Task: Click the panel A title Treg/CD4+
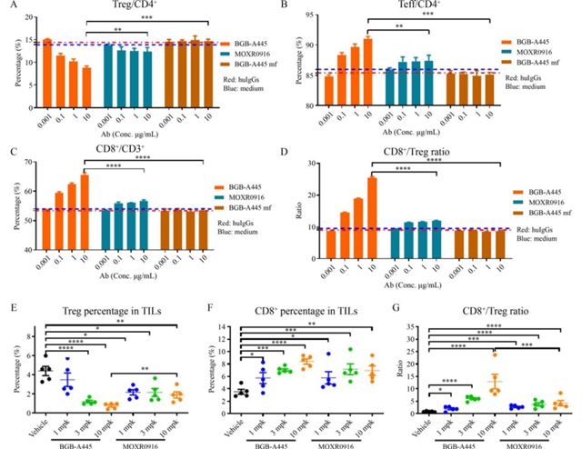coord(136,5)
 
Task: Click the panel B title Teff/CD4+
coord(406,5)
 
